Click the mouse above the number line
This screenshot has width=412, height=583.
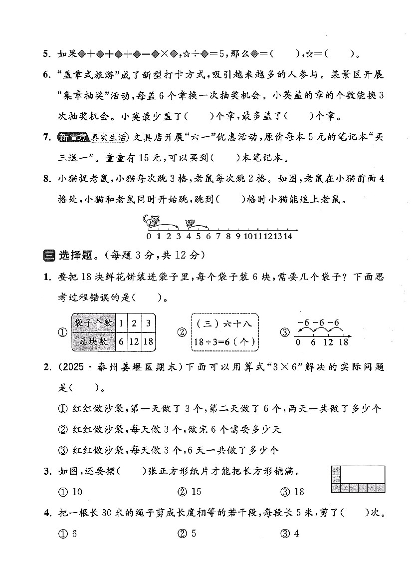[190, 223]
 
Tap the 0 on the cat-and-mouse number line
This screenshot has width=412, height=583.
[149, 236]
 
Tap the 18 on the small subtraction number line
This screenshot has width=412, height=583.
[343, 342]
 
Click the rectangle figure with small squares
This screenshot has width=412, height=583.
[358, 479]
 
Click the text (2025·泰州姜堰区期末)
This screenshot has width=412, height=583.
[118, 368]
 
